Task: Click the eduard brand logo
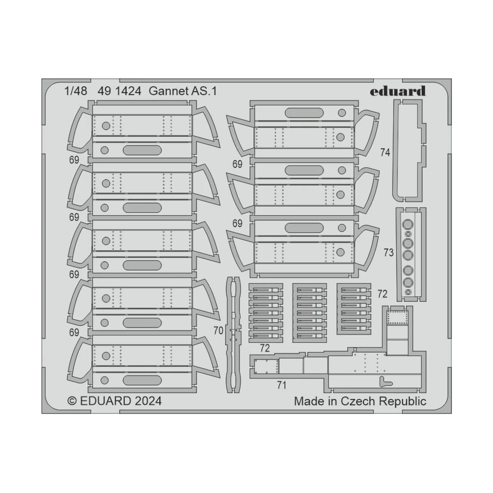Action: click(x=398, y=91)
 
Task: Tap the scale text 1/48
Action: click(x=76, y=91)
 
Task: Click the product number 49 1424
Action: click(x=119, y=91)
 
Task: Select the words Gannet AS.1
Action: click(x=183, y=91)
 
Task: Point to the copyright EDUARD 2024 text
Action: click(x=114, y=401)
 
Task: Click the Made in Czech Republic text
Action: click(x=360, y=401)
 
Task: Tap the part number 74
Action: click(x=385, y=152)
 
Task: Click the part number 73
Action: click(x=388, y=253)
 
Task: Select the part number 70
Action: click(x=218, y=331)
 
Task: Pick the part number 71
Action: click(x=281, y=385)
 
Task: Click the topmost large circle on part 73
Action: click(x=408, y=225)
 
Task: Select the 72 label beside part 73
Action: click(x=382, y=294)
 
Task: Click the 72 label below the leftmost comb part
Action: click(x=265, y=348)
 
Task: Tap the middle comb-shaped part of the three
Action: click(x=310, y=313)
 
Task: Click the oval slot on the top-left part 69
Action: click(x=142, y=150)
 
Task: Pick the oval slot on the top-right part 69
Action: click(x=304, y=113)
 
